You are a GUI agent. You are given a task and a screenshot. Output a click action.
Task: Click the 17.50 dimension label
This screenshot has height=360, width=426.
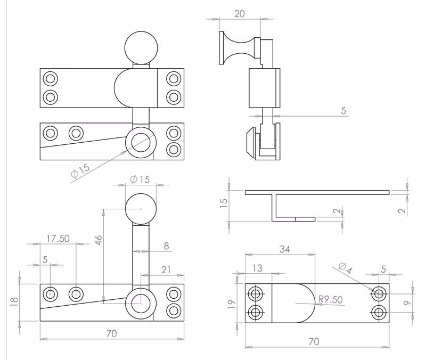point(58,239)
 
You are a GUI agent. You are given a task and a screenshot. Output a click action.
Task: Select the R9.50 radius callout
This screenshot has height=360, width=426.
point(330,299)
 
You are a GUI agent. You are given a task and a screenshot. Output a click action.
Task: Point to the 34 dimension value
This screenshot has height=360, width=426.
point(284,249)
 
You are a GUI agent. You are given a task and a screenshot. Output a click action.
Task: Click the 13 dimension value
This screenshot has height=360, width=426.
point(257,268)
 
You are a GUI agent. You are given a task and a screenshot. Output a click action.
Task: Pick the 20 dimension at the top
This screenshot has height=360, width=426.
point(239,14)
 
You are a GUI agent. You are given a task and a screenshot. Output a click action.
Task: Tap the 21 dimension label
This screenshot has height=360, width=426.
point(166,270)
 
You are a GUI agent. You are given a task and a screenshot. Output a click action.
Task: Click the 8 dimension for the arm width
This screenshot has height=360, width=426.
point(166,246)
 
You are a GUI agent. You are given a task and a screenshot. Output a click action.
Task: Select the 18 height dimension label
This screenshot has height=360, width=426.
point(14,302)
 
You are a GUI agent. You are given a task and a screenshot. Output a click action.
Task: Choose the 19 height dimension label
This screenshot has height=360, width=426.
point(232,304)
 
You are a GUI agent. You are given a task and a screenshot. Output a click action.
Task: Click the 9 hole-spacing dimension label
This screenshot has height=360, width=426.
point(407,302)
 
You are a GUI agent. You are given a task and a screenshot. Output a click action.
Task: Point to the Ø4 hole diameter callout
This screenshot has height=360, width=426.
point(345,268)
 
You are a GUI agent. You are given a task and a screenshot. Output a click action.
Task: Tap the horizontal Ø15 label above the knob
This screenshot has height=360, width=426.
point(140,179)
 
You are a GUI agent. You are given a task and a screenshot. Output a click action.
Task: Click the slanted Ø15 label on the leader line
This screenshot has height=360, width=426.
point(80,170)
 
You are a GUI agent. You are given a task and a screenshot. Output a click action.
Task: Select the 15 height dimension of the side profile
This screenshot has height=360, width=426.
point(223,203)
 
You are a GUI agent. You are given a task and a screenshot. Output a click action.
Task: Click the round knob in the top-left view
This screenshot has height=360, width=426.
point(141,48)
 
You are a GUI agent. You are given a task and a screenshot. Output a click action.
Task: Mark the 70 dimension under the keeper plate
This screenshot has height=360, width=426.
point(314,341)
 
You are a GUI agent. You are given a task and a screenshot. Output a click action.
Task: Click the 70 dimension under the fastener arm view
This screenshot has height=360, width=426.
point(111,333)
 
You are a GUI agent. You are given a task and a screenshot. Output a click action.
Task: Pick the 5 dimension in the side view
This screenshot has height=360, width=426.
point(343,111)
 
